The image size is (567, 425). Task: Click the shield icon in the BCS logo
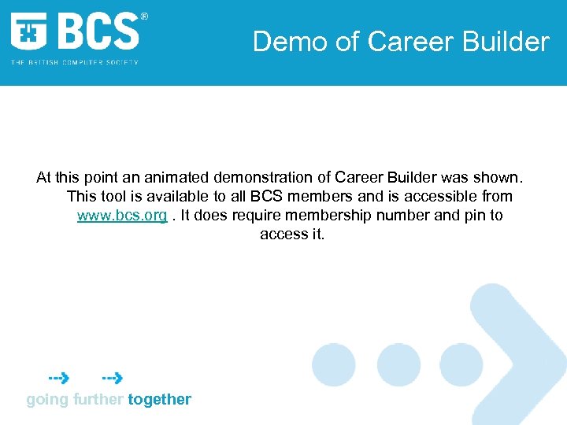point(29,32)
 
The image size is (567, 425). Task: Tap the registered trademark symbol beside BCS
point(143,17)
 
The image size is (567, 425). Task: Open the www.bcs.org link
point(122,215)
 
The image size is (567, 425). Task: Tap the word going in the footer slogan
point(47,399)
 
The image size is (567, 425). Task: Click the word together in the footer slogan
point(160,399)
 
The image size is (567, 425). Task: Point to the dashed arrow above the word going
point(57,378)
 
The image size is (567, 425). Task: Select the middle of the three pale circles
point(398,365)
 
